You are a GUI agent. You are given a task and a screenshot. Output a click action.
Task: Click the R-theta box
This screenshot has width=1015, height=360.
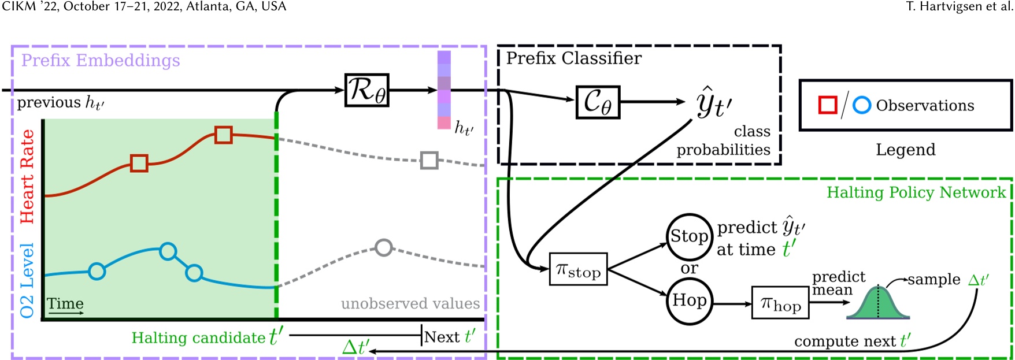coord(366,90)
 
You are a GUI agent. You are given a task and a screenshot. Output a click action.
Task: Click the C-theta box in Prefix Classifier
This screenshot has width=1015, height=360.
coord(598,102)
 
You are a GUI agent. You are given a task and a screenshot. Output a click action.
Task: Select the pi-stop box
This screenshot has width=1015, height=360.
coord(578,269)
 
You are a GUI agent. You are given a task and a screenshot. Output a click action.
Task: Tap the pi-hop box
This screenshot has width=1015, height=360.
coord(780,303)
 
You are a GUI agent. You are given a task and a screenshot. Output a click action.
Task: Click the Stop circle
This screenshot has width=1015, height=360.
coord(689,236)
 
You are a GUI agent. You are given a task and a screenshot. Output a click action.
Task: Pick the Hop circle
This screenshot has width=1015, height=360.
coord(689,301)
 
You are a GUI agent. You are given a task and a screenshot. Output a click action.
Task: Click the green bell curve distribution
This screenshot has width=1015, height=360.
coord(878,304)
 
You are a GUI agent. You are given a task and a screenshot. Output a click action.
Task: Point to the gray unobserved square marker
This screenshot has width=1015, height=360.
coord(429,160)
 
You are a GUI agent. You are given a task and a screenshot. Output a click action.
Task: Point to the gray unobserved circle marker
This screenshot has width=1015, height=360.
coord(384,248)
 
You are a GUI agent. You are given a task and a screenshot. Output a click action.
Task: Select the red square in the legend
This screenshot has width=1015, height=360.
coord(828,105)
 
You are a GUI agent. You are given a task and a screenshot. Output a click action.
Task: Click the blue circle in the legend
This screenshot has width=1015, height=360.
coord(862,105)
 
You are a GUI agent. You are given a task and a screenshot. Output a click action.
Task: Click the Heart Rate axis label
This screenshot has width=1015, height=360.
coord(27,176)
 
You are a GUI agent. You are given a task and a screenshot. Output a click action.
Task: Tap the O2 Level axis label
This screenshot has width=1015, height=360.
coord(27,280)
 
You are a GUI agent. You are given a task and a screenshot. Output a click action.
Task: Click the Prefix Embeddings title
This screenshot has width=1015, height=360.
coord(101,61)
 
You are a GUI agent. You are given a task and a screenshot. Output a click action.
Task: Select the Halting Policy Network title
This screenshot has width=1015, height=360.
coord(916,192)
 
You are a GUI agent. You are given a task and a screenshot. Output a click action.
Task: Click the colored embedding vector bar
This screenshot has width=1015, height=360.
coord(444,90)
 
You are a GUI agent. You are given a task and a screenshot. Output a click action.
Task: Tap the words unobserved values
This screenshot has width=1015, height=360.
coord(410,303)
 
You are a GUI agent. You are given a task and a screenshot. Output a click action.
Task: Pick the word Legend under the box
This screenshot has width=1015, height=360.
coord(905,150)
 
